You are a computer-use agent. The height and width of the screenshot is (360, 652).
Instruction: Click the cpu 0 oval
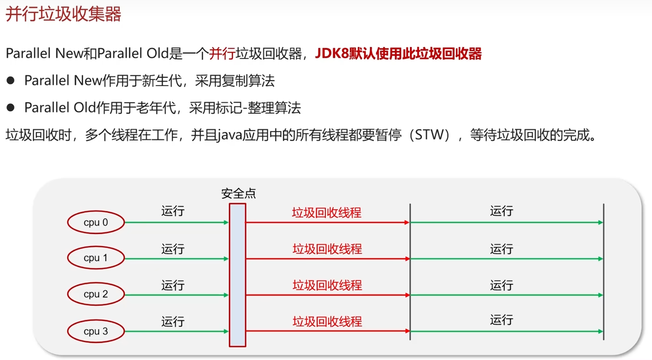click(x=96, y=222)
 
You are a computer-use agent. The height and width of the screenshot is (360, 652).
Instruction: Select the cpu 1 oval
click(x=96, y=258)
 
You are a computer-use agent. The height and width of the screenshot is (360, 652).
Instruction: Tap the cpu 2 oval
click(x=96, y=294)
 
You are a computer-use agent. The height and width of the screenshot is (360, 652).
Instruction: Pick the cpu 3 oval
click(x=96, y=331)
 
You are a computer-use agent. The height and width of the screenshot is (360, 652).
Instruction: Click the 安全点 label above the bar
click(x=238, y=194)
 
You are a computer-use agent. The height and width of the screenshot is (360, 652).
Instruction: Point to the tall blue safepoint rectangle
click(x=237, y=275)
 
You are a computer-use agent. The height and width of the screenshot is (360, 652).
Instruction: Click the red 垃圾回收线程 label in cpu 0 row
click(x=327, y=212)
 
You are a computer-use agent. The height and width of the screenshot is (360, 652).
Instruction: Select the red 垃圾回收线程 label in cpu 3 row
click(x=327, y=321)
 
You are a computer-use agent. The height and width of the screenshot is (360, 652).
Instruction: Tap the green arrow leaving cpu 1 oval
click(x=176, y=259)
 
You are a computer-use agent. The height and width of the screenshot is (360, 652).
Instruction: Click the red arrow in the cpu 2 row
click(x=327, y=295)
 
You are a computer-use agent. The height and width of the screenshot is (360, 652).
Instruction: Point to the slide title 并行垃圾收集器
click(x=63, y=14)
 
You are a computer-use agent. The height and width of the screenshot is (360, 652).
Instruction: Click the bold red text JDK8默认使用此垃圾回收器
click(x=398, y=54)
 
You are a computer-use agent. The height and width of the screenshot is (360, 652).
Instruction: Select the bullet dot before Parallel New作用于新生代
click(x=11, y=81)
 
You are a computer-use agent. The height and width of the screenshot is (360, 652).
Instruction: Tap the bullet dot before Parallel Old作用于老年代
click(x=11, y=108)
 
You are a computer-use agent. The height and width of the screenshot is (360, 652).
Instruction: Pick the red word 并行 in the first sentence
click(x=222, y=54)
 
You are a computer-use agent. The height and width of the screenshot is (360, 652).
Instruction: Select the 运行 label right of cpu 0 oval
click(x=173, y=211)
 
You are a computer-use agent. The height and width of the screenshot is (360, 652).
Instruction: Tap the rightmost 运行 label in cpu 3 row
click(x=501, y=320)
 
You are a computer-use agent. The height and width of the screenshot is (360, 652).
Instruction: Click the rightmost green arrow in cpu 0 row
click(x=506, y=222)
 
